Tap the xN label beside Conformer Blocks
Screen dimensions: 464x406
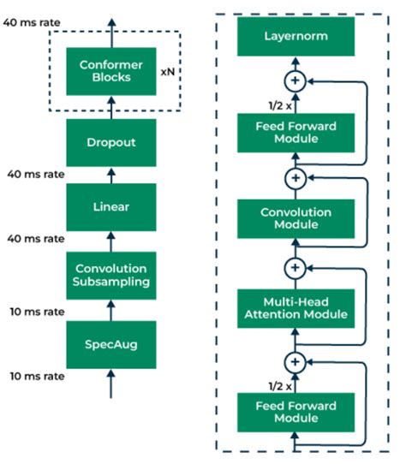click(x=168, y=73)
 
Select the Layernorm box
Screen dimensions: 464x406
click(x=295, y=37)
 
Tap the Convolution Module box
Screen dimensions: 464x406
click(x=295, y=218)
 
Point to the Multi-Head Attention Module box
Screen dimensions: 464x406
click(x=295, y=308)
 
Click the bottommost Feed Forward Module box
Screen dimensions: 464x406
click(x=295, y=412)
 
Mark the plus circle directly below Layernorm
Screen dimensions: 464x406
click(x=295, y=81)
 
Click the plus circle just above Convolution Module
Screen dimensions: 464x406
click(x=295, y=177)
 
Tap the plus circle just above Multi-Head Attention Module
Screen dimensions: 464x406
click(x=295, y=267)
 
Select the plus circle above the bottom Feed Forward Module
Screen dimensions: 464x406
click(x=295, y=360)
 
